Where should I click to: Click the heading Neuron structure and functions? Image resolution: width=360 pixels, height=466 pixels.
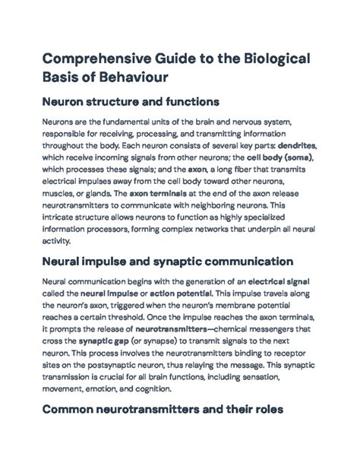point(129,101)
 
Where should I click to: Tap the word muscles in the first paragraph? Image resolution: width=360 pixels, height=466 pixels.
point(55,194)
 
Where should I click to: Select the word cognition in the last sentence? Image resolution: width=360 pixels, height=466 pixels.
point(150,392)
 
